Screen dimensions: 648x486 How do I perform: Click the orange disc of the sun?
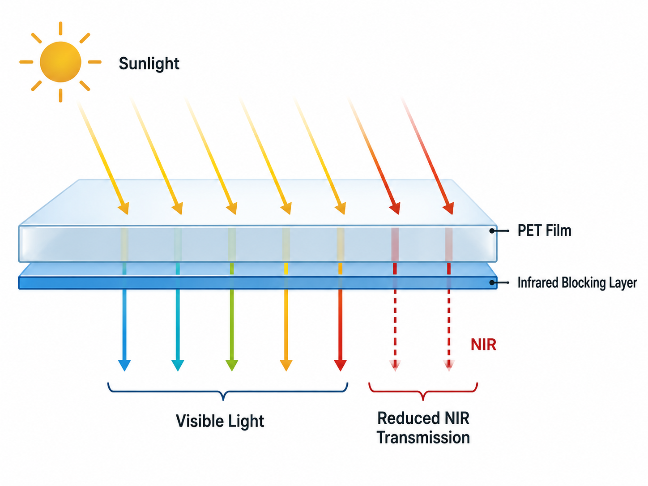click(x=60, y=62)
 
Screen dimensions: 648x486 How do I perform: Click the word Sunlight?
click(x=149, y=64)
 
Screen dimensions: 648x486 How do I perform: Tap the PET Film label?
click(x=544, y=230)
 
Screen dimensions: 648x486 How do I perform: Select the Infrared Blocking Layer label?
click(x=577, y=282)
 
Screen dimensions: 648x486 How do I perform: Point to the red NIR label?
click(x=484, y=344)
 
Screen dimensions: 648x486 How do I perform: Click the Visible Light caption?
click(x=220, y=421)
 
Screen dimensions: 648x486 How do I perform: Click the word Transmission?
click(x=423, y=437)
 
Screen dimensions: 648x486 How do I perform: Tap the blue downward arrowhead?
click(x=124, y=365)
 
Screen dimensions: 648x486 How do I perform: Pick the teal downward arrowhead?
click(x=178, y=365)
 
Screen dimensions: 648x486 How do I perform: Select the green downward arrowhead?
click(x=232, y=365)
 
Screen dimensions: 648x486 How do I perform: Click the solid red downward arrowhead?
click(x=340, y=365)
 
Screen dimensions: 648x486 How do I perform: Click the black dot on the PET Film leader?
click(x=492, y=231)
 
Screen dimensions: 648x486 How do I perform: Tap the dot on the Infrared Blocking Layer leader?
click(x=492, y=283)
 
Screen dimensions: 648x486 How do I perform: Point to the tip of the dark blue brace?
click(x=223, y=400)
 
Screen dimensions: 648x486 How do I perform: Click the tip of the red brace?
click(x=423, y=400)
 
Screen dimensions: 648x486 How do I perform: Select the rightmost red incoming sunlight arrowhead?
click(x=449, y=209)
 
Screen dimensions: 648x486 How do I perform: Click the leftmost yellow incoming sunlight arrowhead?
click(x=124, y=209)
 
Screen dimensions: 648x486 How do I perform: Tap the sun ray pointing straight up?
click(x=60, y=28)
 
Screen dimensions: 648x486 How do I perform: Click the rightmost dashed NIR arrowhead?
click(x=449, y=365)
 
